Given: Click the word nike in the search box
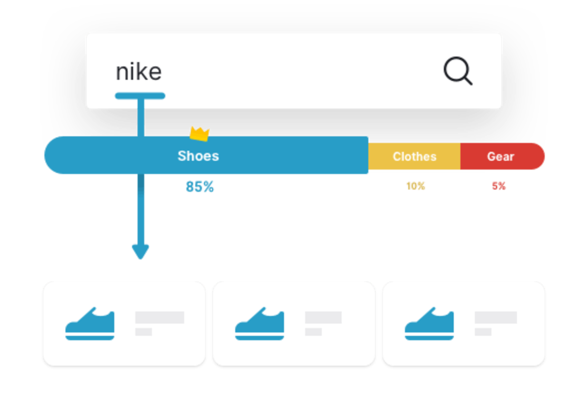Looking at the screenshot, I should coord(139,72).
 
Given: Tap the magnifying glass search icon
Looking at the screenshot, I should coord(458,71).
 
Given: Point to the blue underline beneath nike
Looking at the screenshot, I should coord(140,96).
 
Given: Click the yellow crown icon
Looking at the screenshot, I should coord(199,133).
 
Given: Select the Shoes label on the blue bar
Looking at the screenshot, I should coord(198,156).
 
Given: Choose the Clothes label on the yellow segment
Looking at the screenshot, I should coord(415,157).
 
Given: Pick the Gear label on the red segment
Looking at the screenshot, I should coord(500,157).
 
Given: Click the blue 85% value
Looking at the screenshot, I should coord(200,187).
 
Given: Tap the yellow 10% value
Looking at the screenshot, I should coord(415,186).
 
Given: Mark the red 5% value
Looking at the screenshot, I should coord(499,186).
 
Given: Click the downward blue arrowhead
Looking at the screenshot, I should coord(141,252).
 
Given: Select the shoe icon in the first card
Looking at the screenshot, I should coord(90,324).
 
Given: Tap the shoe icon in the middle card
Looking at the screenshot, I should coord(260,324).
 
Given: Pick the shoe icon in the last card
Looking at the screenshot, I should coord(429,324).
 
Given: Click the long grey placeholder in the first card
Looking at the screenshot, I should coord(160,317).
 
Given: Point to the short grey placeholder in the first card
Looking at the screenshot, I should coord(144,332).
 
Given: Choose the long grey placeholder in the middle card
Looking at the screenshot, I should coord(323,317).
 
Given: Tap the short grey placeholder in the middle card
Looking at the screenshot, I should coord(313,332).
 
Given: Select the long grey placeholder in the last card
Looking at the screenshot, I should coord(495,317).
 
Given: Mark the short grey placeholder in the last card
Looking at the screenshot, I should coord(483,332).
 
